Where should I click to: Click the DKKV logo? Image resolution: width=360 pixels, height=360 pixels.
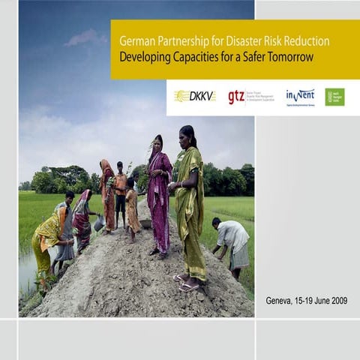[194, 96]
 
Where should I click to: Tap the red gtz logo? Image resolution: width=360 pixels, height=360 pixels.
[236, 97]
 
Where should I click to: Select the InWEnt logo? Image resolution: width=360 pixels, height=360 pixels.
[300, 95]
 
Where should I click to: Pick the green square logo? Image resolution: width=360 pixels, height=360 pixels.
[334, 97]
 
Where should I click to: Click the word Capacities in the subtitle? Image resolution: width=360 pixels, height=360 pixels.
[189, 56]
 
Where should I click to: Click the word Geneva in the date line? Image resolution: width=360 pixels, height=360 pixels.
[282, 301]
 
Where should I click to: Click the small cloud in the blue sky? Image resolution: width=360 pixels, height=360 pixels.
[85, 37]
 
